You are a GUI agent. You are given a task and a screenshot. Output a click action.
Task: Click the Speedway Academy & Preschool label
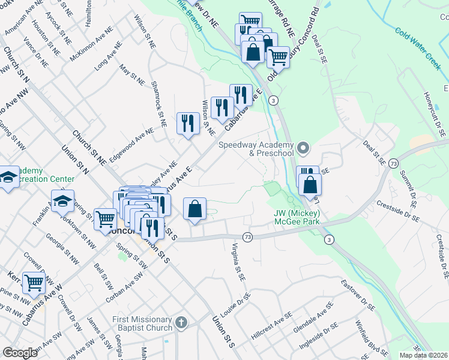click(x=256, y=149)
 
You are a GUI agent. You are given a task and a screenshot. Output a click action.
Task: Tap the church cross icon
click(x=181, y=323)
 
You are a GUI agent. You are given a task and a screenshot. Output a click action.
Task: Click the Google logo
click(x=20, y=353)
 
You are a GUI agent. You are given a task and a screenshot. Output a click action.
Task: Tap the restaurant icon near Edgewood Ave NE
click(x=188, y=123)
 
